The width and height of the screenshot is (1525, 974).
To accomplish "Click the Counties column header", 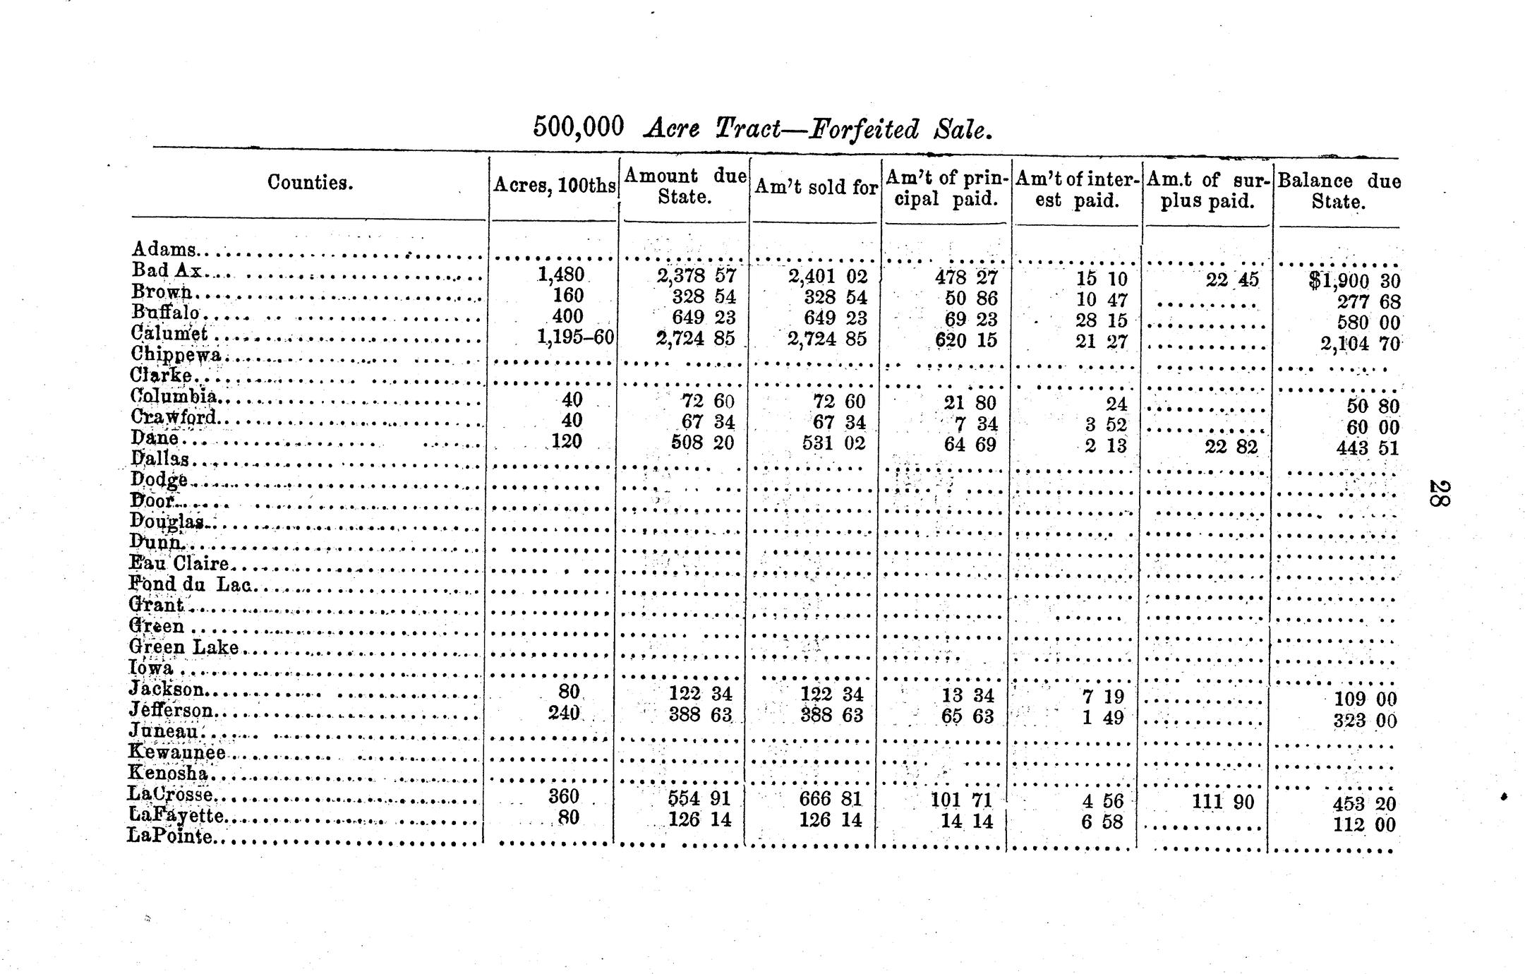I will pyautogui.click(x=310, y=183).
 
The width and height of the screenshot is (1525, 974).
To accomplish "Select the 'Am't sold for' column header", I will pyautogui.click(x=816, y=187).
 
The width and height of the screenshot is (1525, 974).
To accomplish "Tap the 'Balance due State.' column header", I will pyautogui.click(x=1339, y=191).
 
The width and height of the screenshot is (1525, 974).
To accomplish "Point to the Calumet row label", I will pyautogui.click(x=170, y=332).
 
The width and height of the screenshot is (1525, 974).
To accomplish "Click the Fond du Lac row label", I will pyautogui.click(x=190, y=584).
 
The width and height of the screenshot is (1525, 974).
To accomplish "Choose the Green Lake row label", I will pyautogui.click(x=183, y=647).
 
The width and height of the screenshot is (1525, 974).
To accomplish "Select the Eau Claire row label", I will pyautogui.click(x=179, y=563).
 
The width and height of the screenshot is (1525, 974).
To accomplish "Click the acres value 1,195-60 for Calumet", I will pyautogui.click(x=575, y=337).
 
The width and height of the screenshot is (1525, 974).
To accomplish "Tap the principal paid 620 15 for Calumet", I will pyautogui.click(x=966, y=340).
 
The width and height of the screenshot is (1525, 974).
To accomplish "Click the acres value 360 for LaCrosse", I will pyautogui.click(x=564, y=796).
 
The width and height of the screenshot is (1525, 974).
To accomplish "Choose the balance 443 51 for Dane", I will pyautogui.click(x=1367, y=448).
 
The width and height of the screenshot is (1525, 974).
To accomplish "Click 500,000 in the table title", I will pyautogui.click(x=579, y=127).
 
